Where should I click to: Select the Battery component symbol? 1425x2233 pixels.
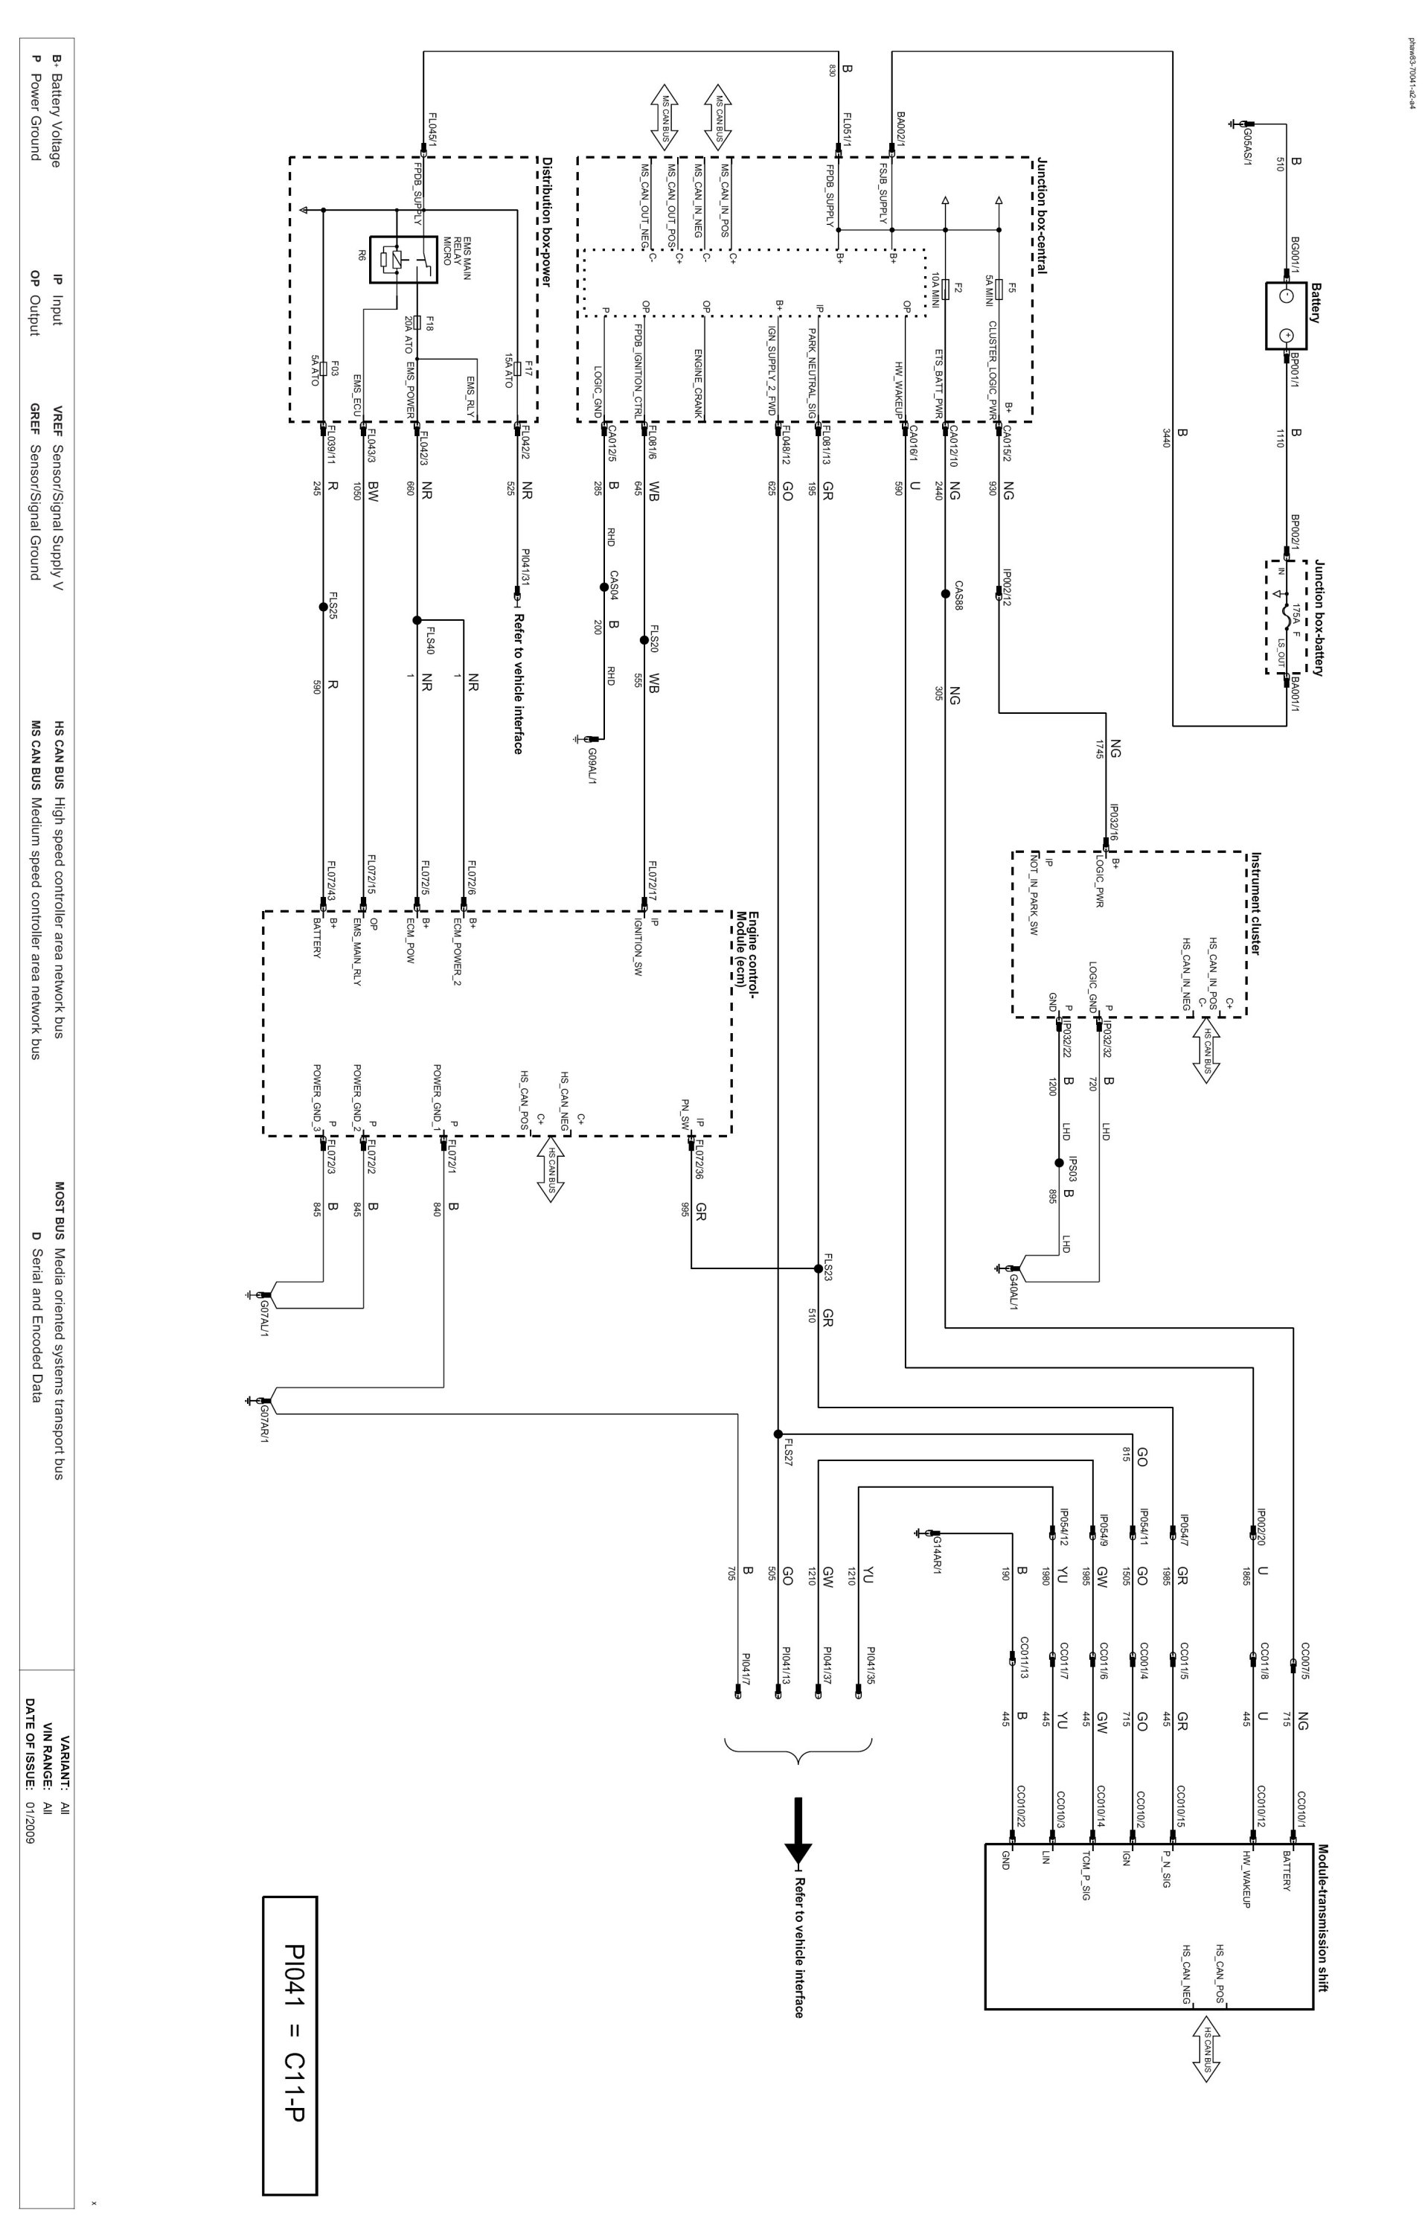click(x=1286, y=316)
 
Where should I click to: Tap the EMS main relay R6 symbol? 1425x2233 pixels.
click(x=403, y=258)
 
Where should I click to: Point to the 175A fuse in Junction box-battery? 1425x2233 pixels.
click(x=1287, y=616)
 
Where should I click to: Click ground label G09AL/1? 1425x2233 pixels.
click(x=591, y=761)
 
